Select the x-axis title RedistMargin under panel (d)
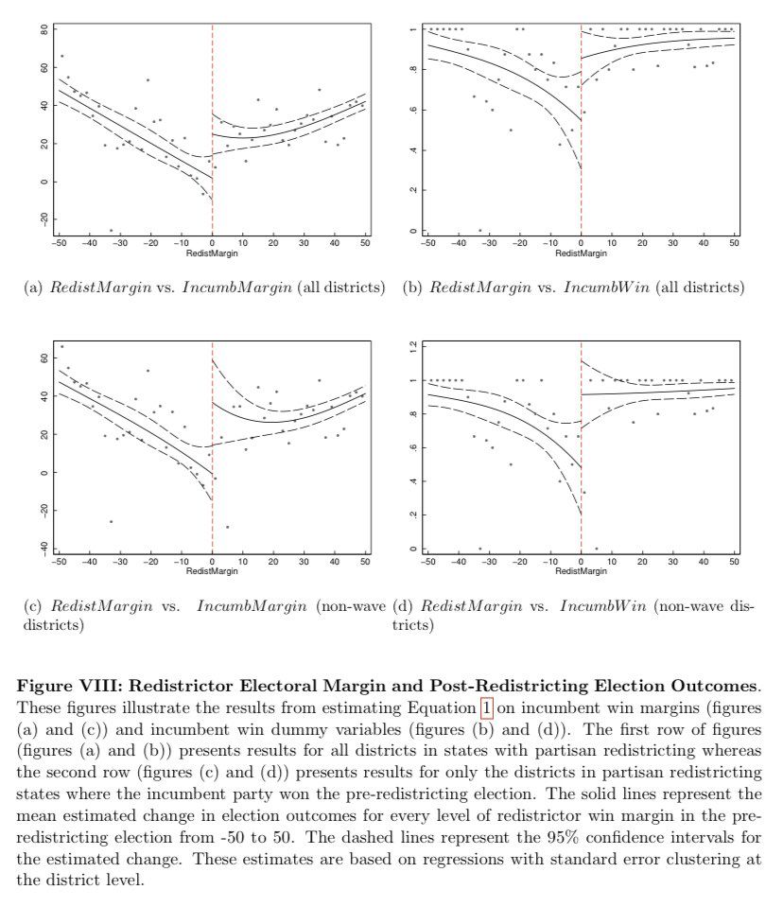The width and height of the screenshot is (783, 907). [x=581, y=571]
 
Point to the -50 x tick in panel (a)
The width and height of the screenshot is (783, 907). [x=59, y=243]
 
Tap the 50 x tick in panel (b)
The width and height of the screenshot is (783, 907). [x=734, y=243]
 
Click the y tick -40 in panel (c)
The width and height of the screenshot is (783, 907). [x=44, y=549]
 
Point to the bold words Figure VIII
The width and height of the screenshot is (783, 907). [x=62, y=686]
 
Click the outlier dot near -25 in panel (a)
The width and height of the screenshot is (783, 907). [x=111, y=230]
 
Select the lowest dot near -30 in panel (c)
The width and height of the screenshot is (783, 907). [x=111, y=521]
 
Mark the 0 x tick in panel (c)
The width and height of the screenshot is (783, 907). [x=212, y=562]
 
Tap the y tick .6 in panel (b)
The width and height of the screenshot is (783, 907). [x=412, y=110]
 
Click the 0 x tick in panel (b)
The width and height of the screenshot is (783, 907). [x=581, y=243]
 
